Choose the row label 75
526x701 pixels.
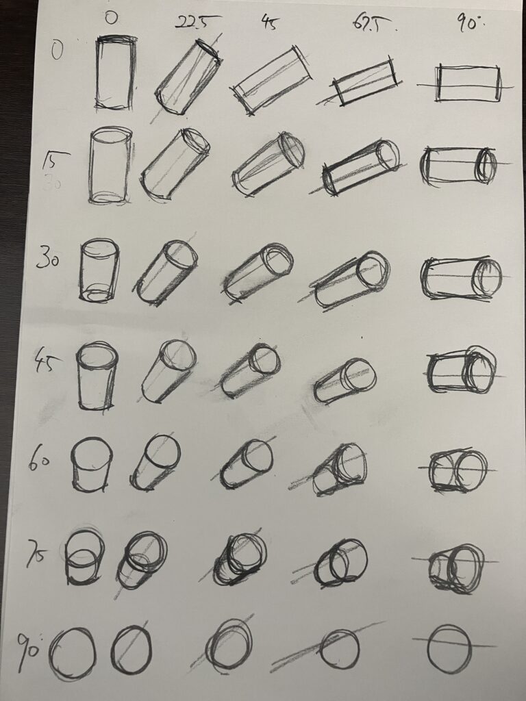point(38,553)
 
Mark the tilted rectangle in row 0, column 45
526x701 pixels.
point(271,79)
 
